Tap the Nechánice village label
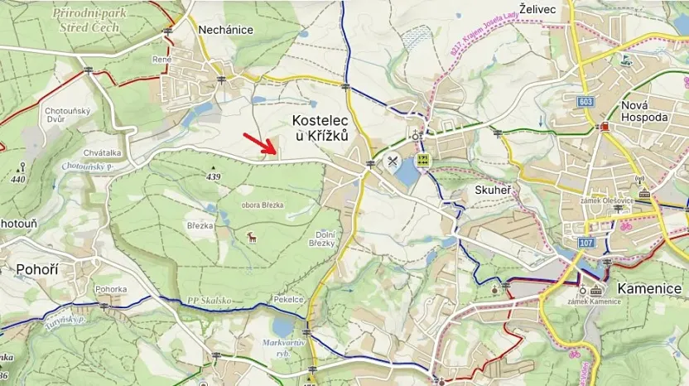pyautogui.click(x=226, y=30)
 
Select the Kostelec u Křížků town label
pyautogui.click(x=320, y=128)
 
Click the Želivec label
pyautogui.click(x=537, y=7)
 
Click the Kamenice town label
pyautogui.click(x=650, y=288)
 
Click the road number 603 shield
pyautogui.click(x=586, y=100)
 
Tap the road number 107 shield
pyautogui.click(x=586, y=243)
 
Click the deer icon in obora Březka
pyautogui.click(x=252, y=238)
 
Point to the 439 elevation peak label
pyautogui.click(x=214, y=176)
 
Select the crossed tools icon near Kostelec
pyautogui.click(x=393, y=161)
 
